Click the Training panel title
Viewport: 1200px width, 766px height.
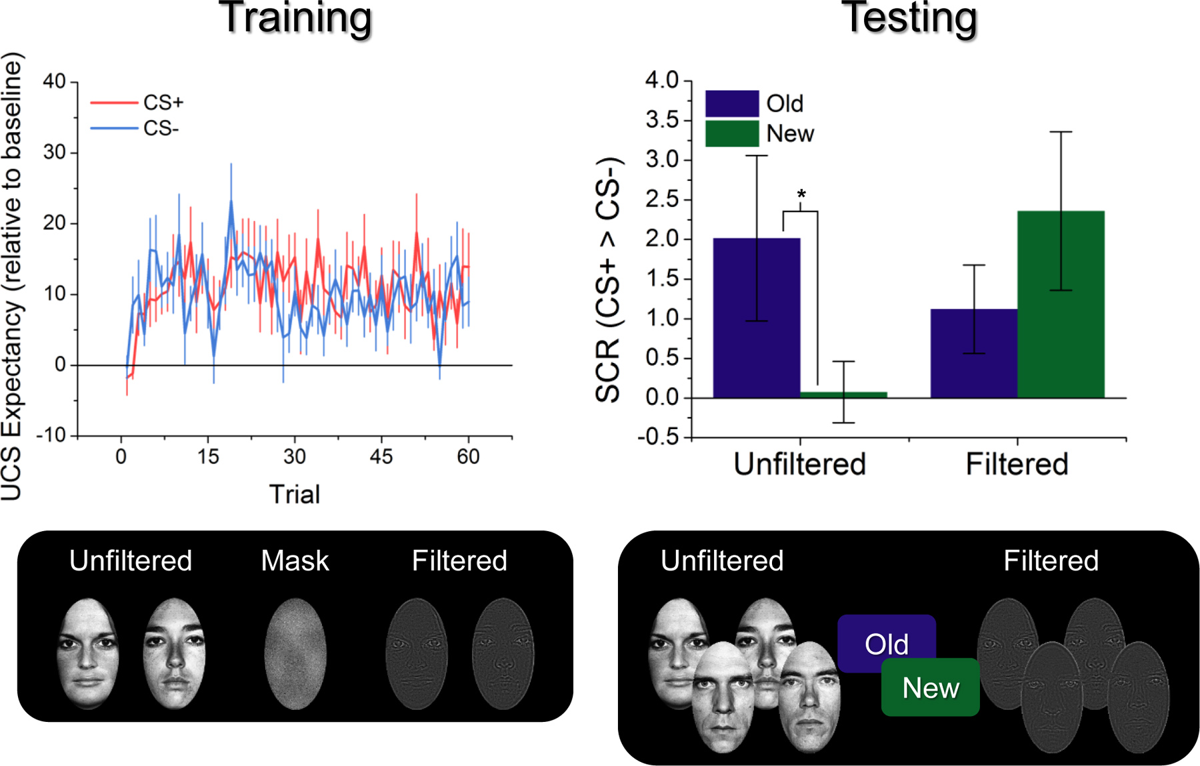coord(295,19)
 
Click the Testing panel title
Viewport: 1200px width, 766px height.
coord(910,19)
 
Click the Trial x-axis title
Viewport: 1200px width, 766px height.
coord(295,494)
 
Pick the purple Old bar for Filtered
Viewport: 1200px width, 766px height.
coord(974,353)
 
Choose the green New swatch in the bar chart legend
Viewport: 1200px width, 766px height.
coord(732,133)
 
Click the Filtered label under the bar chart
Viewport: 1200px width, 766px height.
coord(1017,464)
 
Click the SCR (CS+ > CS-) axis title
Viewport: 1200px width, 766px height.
coord(608,280)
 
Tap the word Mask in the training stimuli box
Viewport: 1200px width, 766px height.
coord(295,561)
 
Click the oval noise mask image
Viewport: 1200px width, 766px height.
coord(295,654)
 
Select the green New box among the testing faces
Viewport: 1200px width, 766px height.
coord(931,688)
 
